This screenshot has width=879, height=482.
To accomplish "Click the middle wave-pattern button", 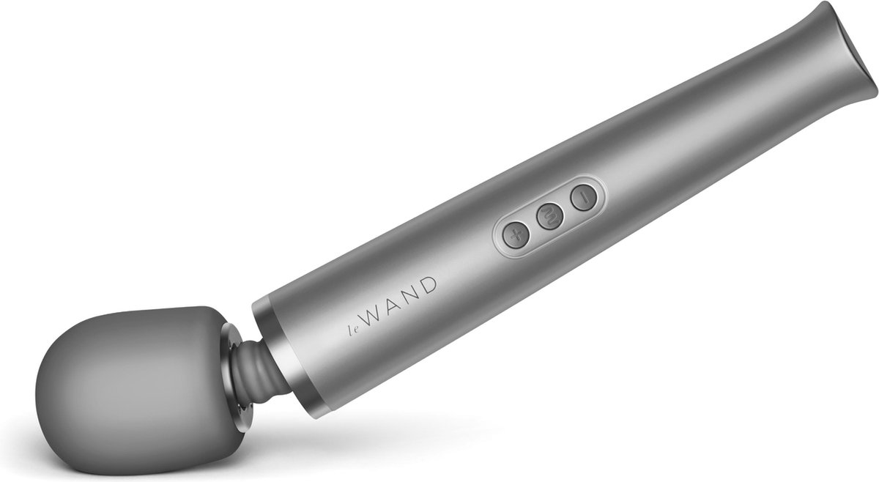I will (549, 216).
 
